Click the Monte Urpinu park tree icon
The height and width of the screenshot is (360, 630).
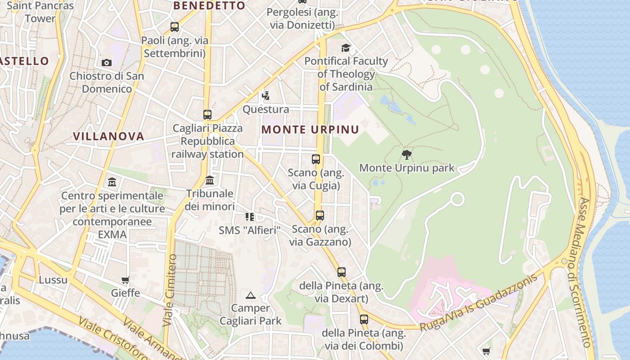[x=407, y=155]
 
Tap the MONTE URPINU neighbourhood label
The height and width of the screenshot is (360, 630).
[x=310, y=130]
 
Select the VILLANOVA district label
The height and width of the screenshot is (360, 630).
[x=108, y=136]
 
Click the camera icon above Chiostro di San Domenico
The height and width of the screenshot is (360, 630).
[x=107, y=63]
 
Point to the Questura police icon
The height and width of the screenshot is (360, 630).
[x=266, y=95]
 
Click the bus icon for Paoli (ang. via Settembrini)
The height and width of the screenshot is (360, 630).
[x=175, y=27]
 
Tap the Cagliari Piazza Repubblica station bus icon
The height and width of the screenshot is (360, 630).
[x=207, y=115]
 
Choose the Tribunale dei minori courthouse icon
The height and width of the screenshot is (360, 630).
[x=210, y=180]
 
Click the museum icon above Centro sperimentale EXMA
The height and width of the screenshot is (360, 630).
[x=112, y=182]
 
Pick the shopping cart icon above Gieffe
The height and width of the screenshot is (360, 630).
[x=126, y=280]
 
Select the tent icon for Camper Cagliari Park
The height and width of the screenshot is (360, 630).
[x=251, y=295]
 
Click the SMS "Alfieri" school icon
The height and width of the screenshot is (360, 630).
[x=250, y=217]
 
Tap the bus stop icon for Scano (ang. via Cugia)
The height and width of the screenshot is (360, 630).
[x=316, y=159]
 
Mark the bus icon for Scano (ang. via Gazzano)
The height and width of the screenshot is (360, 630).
[x=320, y=216]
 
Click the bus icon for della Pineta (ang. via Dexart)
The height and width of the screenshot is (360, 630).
[x=342, y=272]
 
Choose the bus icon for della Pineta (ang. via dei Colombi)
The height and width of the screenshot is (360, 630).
[x=364, y=319]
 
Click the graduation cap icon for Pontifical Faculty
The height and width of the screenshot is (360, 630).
[x=346, y=48]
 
